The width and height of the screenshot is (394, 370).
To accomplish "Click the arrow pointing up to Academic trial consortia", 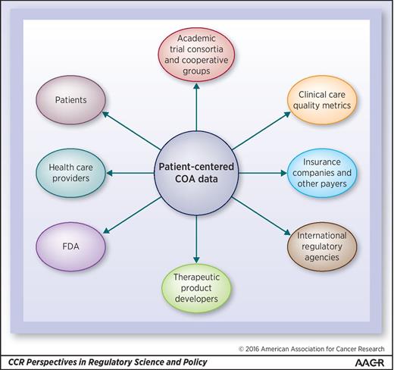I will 195,106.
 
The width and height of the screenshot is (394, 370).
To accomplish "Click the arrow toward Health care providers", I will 126,174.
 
